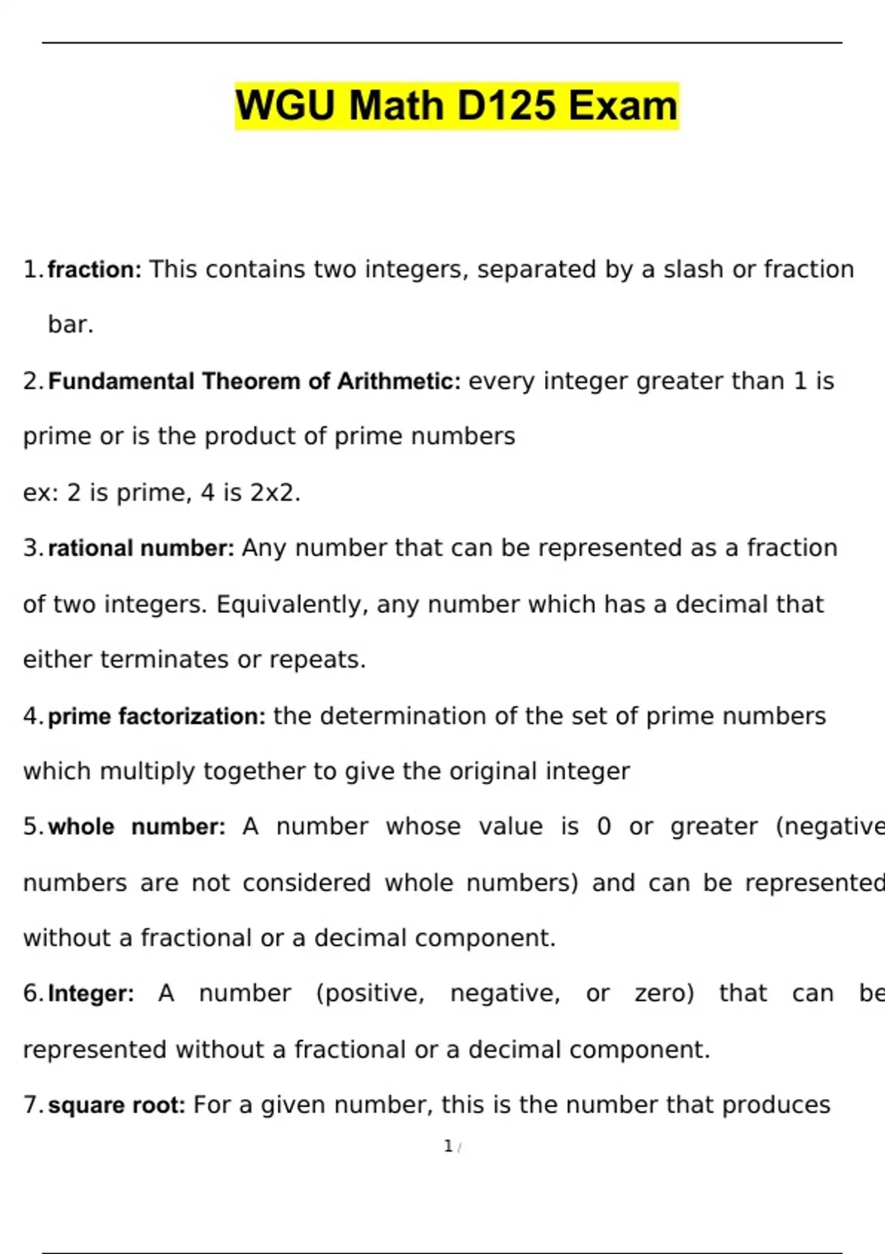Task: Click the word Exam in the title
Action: pyautogui.click(x=622, y=105)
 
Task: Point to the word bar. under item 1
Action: pyautogui.click(x=71, y=325)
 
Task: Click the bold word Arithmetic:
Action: pyautogui.click(x=398, y=381)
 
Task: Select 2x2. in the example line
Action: pyautogui.click(x=275, y=493)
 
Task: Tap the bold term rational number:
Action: pyautogui.click(x=141, y=548)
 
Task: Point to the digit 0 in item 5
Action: pyautogui.click(x=604, y=827)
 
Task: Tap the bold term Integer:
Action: pyautogui.click(x=91, y=994)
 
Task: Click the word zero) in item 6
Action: pyautogui.click(x=664, y=994)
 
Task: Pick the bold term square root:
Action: pyautogui.click(x=117, y=1105)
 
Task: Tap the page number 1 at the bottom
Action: pyautogui.click(x=448, y=1146)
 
